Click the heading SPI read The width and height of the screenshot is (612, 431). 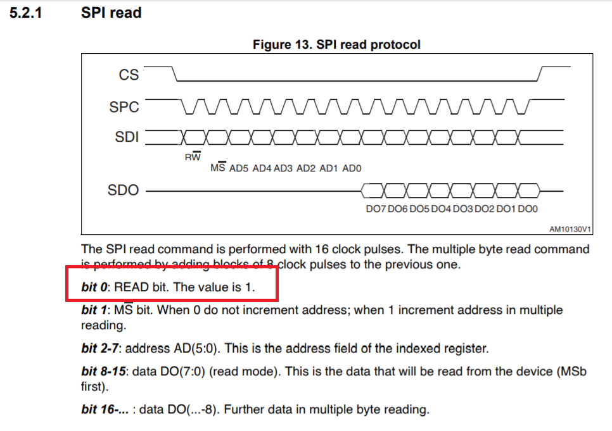pyautogui.click(x=111, y=13)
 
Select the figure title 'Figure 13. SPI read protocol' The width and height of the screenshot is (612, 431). pyautogui.click(x=336, y=44)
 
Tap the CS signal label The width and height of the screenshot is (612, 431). pyautogui.click(x=129, y=75)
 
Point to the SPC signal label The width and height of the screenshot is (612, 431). pyautogui.click(x=124, y=107)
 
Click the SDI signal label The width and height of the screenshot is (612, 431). pyautogui.click(x=127, y=137)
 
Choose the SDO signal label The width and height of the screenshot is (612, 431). pyautogui.click(x=124, y=191)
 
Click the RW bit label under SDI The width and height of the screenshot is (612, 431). pyautogui.click(x=193, y=156)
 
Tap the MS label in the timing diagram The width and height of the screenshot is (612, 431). pyautogui.click(x=217, y=168)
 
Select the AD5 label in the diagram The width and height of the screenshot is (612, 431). pyautogui.click(x=239, y=168)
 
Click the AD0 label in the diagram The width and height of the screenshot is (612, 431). pyautogui.click(x=352, y=168)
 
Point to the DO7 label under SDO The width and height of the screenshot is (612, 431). pyautogui.click(x=376, y=209)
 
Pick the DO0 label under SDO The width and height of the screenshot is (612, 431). pyautogui.click(x=528, y=209)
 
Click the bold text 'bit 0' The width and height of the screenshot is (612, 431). pyautogui.click(x=94, y=287)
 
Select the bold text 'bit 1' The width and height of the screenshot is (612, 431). pyautogui.click(x=94, y=311)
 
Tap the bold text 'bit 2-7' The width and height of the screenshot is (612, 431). pyautogui.click(x=99, y=349)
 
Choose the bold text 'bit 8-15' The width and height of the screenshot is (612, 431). pyautogui.click(x=102, y=372)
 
